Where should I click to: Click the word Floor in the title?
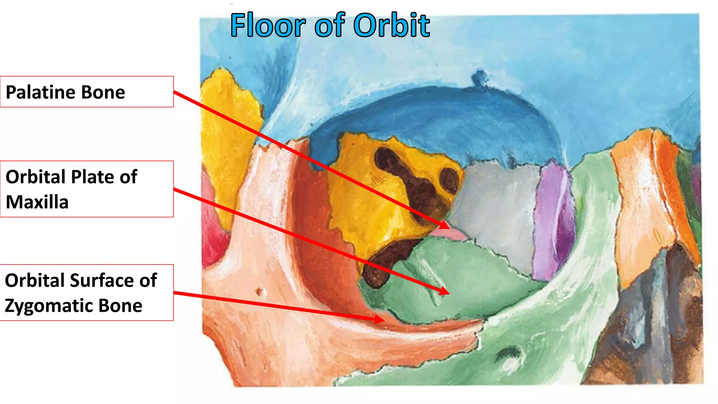268,25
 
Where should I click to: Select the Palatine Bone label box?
87,92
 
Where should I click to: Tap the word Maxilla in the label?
37,202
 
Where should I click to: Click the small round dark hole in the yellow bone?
449,180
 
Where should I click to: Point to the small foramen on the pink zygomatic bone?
260,291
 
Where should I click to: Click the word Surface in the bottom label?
102,281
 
